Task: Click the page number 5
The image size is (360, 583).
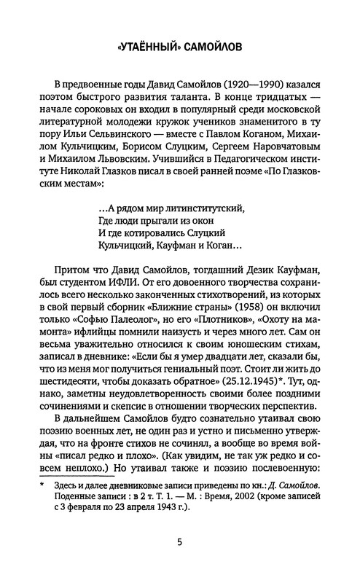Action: click(180, 561)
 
